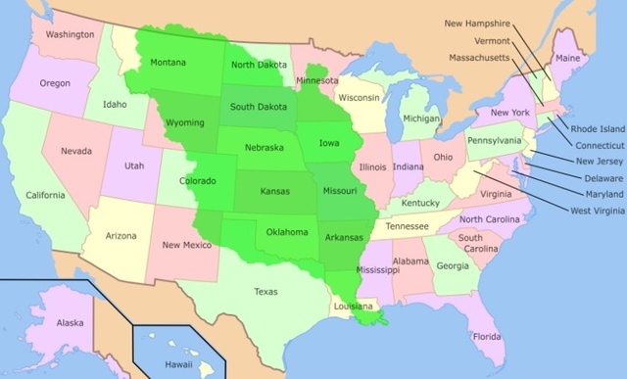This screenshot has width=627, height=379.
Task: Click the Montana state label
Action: tap(169, 63)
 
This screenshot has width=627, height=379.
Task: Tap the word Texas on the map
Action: tap(265, 291)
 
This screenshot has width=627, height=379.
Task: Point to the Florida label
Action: tap(487, 336)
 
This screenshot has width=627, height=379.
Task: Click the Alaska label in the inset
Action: tap(70, 323)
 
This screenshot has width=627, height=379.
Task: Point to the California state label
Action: tap(46, 194)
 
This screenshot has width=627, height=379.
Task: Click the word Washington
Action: tap(70, 34)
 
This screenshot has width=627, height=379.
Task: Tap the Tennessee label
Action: tap(406, 226)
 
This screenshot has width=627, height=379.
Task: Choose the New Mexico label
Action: tap(183, 245)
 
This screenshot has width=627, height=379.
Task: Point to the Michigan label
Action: tap(421, 118)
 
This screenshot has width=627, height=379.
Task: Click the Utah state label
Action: tap(134, 166)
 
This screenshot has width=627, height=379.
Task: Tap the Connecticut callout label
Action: tap(598, 143)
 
